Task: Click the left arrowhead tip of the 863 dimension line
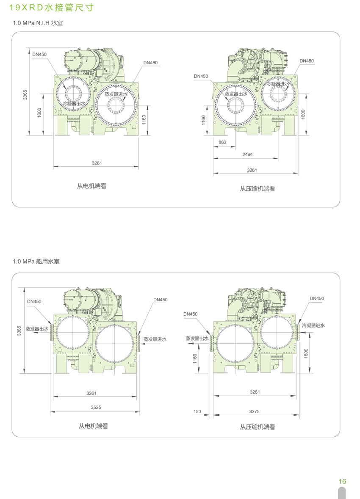(x=213, y=147)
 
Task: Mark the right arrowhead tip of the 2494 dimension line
(x=278, y=158)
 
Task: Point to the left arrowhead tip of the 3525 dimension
(x=50, y=412)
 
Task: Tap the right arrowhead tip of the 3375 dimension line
(x=299, y=415)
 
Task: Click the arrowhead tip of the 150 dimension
(x=209, y=415)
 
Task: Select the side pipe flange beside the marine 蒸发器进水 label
(x=138, y=343)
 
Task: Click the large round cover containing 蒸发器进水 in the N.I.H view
(x=116, y=105)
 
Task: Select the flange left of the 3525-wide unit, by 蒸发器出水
(x=52, y=332)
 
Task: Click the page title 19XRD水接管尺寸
(x=51, y=7)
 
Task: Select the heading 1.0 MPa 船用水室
(x=36, y=262)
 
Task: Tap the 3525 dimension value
(x=96, y=407)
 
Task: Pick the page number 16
(x=342, y=482)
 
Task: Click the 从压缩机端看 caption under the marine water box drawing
(x=258, y=427)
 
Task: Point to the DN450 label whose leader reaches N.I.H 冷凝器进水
(x=307, y=61)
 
